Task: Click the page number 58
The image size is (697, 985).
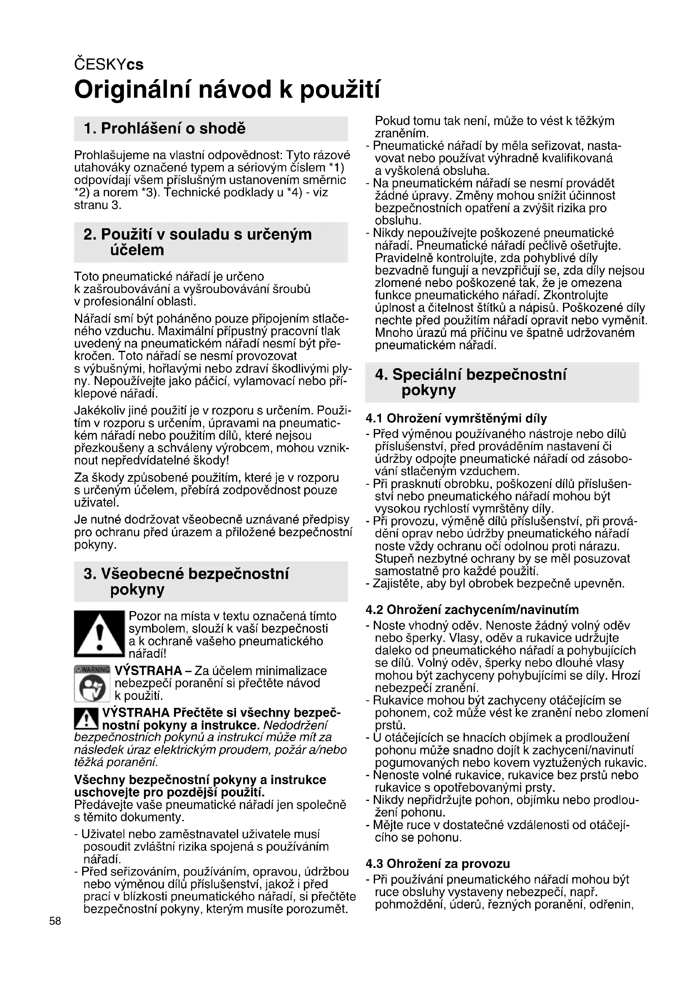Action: [x=55, y=921]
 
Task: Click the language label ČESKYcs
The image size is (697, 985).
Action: [x=109, y=64]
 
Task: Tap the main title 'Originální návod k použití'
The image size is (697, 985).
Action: [x=227, y=90]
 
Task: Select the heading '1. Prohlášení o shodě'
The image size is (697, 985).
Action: [x=165, y=128]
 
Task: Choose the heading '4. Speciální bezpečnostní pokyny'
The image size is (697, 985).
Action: [x=470, y=382]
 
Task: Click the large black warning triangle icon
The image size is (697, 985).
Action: [x=99, y=634]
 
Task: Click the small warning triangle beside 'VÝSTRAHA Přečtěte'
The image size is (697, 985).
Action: [x=86, y=719]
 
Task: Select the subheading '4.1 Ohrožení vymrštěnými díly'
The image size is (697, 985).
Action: [x=456, y=418]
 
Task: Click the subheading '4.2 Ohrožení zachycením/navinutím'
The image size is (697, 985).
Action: [x=472, y=610]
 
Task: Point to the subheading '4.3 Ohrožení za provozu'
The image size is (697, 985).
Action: [x=438, y=864]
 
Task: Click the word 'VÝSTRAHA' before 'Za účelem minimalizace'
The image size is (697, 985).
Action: [x=148, y=670]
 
